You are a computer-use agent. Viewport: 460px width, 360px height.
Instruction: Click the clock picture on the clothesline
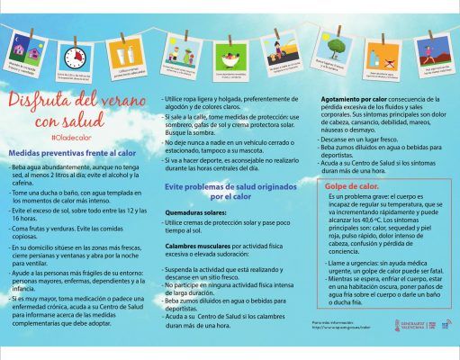[75, 58]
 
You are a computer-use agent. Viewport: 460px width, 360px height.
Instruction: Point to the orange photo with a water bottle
[383, 59]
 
